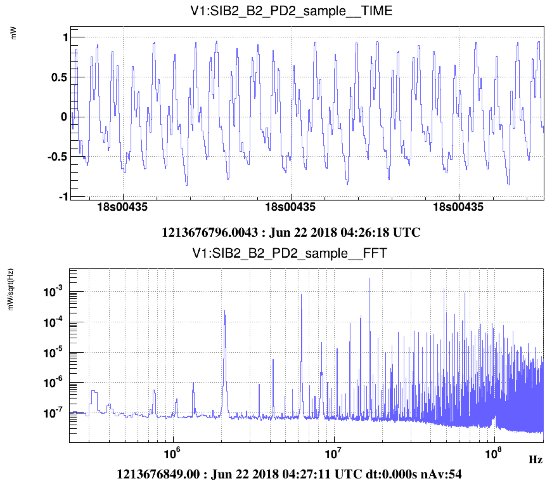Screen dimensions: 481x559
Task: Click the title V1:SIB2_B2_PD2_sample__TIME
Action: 291,11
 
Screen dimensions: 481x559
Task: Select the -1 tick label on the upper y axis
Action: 63,197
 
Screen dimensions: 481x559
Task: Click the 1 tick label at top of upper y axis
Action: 65,38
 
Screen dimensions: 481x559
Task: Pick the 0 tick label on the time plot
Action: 65,117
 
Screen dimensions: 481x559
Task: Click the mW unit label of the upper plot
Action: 14,35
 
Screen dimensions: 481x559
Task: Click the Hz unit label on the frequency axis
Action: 536,459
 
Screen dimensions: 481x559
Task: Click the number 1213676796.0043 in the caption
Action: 210,233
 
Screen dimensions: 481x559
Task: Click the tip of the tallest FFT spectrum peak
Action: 370,279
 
